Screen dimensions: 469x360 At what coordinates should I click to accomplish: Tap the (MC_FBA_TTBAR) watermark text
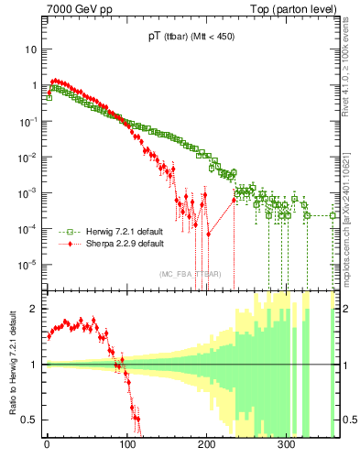(190, 274)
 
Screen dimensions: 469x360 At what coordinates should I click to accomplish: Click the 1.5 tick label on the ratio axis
(33, 336)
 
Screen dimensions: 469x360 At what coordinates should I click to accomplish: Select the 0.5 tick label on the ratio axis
(33, 420)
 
